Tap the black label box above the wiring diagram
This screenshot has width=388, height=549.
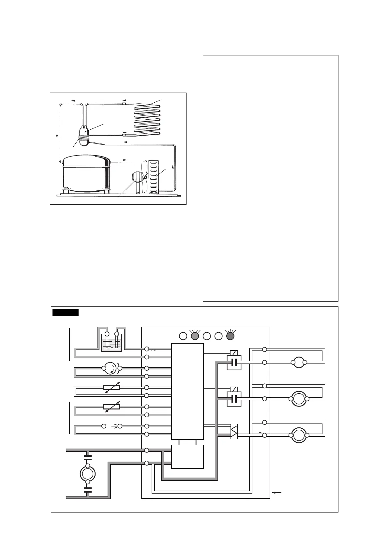tap(66, 312)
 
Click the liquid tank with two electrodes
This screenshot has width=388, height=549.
tap(112, 343)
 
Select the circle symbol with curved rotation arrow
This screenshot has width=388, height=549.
tap(112, 368)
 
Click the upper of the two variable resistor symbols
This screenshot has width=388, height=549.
tap(112, 388)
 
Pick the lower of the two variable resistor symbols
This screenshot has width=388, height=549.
tap(112, 407)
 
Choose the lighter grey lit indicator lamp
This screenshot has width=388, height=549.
tap(195, 336)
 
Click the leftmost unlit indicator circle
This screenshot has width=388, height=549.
tap(183, 336)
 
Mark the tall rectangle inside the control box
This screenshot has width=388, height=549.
tap(187, 391)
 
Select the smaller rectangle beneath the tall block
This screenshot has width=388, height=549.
tap(187, 456)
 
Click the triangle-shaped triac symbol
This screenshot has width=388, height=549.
tap(234, 432)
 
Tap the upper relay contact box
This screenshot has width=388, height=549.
tap(234, 362)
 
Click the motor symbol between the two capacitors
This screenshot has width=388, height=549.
tap(87, 473)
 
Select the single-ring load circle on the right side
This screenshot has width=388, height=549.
tap(299, 362)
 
